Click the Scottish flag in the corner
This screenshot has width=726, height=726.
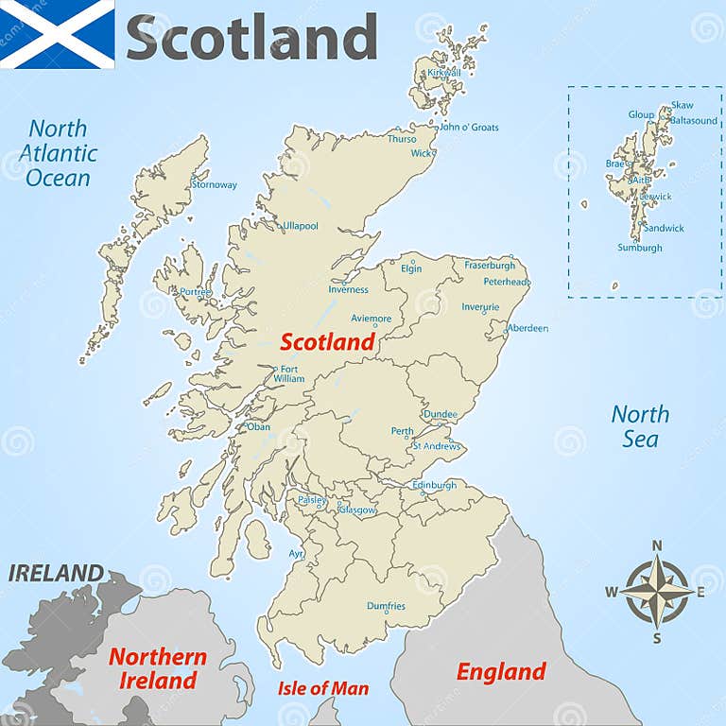pyautogui.click(x=57, y=34)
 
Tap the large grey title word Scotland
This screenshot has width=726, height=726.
pyautogui.click(x=251, y=38)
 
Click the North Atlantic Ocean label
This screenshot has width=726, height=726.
pyautogui.click(x=58, y=153)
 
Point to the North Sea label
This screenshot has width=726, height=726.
pyautogui.click(x=640, y=426)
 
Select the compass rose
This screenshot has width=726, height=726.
pyautogui.click(x=656, y=590)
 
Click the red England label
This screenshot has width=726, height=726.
pyautogui.click(x=501, y=672)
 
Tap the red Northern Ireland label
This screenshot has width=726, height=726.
pyautogui.click(x=157, y=668)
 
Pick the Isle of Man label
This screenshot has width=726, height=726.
pyautogui.click(x=322, y=688)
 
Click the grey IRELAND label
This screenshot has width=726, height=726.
pyautogui.click(x=56, y=573)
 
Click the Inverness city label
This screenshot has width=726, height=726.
pyautogui.click(x=348, y=289)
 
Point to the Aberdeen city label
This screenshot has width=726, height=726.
pyautogui.click(x=527, y=328)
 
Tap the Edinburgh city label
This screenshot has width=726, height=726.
pyautogui.click(x=434, y=485)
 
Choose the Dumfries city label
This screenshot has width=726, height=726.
pyautogui.click(x=386, y=606)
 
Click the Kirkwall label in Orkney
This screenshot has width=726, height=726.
pyautogui.click(x=444, y=72)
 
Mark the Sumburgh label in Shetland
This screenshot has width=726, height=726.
pyautogui.click(x=640, y=248)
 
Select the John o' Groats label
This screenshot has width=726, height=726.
pyautogui.click(x=469, y=127)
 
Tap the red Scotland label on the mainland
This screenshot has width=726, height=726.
pyautogui.click(x=327, y=342)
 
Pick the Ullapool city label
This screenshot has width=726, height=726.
pyautogui.click(x=301, y=226)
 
